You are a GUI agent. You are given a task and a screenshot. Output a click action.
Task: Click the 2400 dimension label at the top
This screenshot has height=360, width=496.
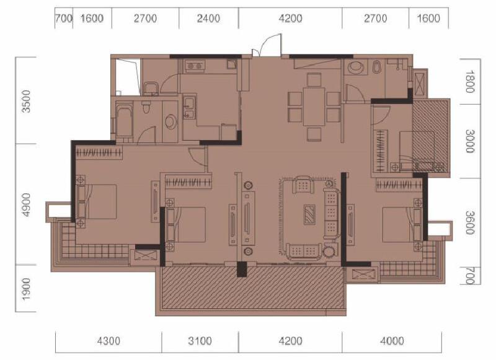pos(208,18)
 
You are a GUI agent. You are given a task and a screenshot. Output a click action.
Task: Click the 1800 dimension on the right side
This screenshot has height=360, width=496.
pos(469,81)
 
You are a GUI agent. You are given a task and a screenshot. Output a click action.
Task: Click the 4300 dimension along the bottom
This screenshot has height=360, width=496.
pos(108,341)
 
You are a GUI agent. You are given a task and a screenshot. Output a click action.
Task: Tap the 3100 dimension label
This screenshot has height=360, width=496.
pos(200,341)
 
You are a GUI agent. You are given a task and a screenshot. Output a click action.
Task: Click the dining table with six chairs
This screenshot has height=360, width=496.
pos(314,106)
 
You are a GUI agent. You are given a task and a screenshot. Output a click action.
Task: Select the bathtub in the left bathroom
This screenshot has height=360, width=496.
pos(124,121)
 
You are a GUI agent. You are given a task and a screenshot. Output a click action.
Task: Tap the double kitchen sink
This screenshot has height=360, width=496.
pos(189,108)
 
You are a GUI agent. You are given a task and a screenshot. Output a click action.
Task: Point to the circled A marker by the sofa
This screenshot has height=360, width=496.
pos(329,184)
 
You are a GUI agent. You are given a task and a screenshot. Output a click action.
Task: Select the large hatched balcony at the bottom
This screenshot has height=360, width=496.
pos(251,288)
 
